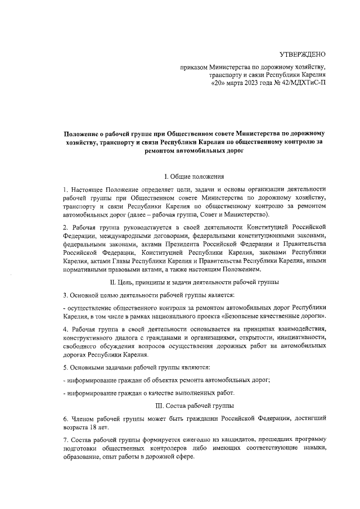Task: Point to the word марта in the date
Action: point(228,82)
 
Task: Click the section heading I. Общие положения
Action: point(194,177)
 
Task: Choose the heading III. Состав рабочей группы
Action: point(194,406)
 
